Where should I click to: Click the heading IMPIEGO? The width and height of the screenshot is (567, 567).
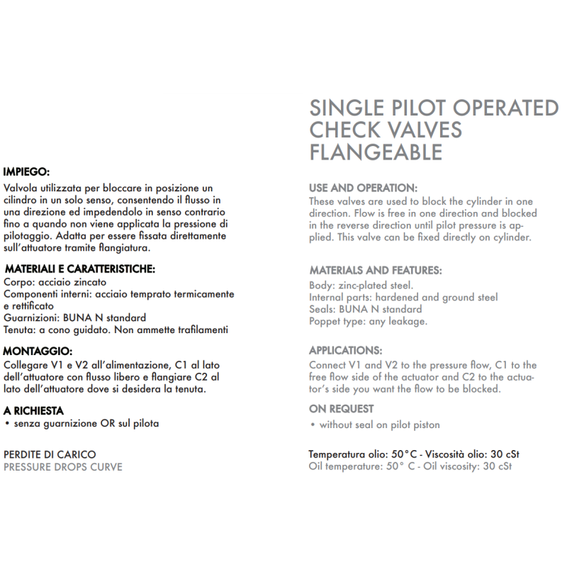point(26,172)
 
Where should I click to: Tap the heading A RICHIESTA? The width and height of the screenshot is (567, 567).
point(34,410)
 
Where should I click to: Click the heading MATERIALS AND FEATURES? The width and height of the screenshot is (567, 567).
point(376,270)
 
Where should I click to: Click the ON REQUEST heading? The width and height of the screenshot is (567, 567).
point(342,409)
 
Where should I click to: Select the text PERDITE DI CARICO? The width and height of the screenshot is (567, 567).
point(50,454)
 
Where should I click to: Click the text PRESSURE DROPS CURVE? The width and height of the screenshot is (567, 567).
point(63,467)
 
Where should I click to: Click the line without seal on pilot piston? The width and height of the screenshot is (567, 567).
point(379,425)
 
